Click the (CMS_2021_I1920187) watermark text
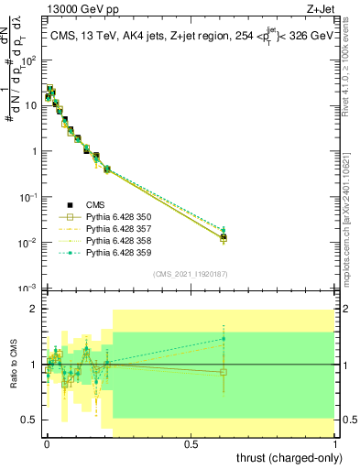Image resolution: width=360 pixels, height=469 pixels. pyautogui.click(x=191, y=273)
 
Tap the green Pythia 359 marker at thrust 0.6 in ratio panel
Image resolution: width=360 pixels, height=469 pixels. pyautogui.click(x=224, y=339)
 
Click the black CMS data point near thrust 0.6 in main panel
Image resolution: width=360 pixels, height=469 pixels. pyautogui.click(x=224, y=237)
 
